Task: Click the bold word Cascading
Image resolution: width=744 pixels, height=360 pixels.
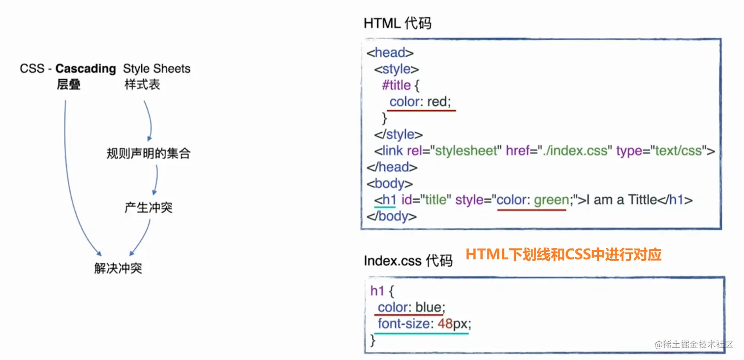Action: coord(86,68)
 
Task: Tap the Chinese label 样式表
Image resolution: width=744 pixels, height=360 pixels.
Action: coord(142,85)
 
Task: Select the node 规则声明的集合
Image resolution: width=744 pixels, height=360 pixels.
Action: coord(148,153)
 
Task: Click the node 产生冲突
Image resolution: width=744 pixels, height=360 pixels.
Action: coord(148,208)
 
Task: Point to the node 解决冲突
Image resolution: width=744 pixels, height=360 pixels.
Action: coord(118,268)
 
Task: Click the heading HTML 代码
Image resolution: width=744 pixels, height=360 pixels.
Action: coord(397,23)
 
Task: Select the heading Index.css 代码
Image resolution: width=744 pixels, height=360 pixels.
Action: coord(408,260)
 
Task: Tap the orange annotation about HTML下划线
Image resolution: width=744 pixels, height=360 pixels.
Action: coord(563,254)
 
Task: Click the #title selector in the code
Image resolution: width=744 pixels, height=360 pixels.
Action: coord(396,86)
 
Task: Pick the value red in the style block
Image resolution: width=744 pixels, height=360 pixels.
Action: coord(438,102)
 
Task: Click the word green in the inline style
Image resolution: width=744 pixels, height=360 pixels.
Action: coord(551,200)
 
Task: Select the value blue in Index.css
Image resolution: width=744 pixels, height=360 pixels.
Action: coord(428,307)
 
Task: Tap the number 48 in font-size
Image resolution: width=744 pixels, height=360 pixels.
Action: coord(445,324)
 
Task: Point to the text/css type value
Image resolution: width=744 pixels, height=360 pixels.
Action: coord(678,150)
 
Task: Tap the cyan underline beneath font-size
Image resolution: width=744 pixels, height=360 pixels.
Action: coord(422,333)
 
